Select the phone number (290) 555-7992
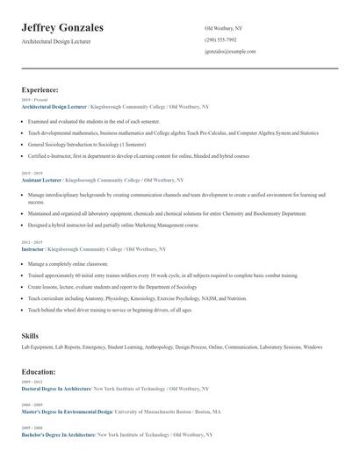220,40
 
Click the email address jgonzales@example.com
230,52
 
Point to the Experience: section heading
40,89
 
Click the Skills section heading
31,336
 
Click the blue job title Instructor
33,249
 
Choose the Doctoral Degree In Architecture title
56,389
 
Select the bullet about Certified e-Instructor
139,155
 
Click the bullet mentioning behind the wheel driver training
110,310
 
